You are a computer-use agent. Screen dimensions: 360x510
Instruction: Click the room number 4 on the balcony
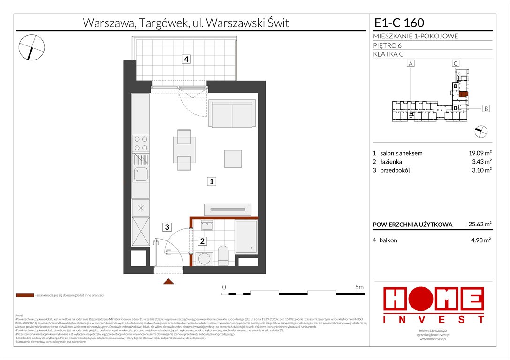click(187, 59)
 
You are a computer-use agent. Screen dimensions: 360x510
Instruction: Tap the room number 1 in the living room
click(212, 181)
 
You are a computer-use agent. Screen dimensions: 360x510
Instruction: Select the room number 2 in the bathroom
click(202, 241)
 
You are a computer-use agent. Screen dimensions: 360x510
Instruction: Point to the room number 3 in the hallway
click(166, 228)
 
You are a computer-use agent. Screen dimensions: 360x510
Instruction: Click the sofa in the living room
click(232, 114)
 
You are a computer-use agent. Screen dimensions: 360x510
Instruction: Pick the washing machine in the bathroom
click(205, 259)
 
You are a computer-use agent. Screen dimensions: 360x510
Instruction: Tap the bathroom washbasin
click(207, 226)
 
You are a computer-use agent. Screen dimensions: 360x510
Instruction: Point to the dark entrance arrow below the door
click(168, 281)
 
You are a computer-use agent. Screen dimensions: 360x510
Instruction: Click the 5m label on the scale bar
click(359, 286)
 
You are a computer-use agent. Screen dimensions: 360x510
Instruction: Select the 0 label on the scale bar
click(224, 286)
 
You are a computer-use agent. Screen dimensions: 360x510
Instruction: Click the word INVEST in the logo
click(434, 320)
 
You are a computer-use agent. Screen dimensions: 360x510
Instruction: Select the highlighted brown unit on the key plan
click(463, 94)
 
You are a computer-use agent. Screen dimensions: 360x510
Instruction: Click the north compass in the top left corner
click(32, 47)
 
